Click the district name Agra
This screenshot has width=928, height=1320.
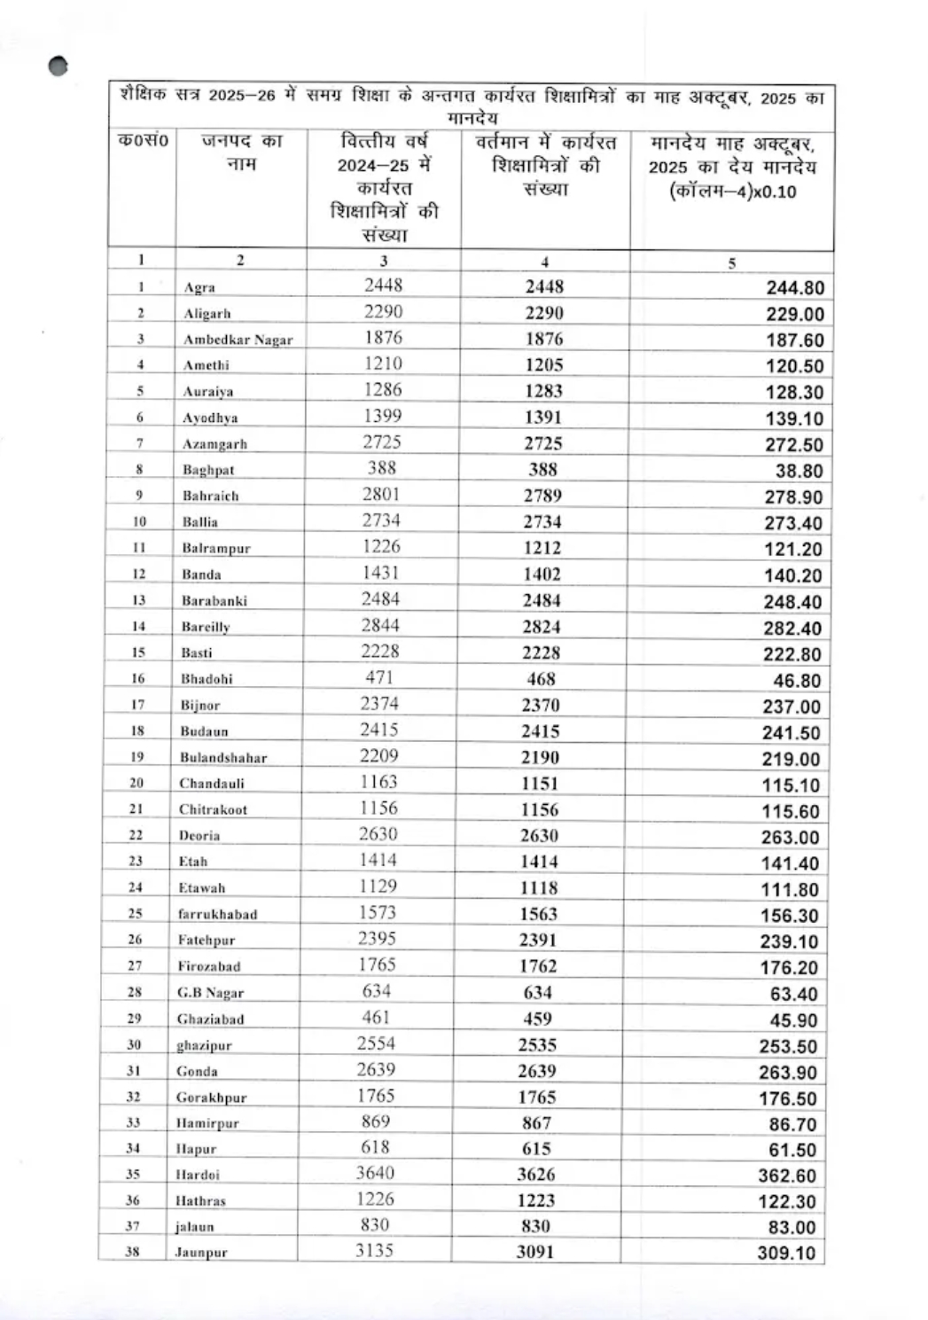pos(199,287)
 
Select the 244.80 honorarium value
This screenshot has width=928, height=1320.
pos(795,288)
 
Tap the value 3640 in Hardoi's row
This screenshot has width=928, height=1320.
pos(375,1173)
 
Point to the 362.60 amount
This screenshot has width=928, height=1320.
pos(787,1176)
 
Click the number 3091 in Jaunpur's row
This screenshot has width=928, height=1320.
pos(535,1252)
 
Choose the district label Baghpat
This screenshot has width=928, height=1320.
pos(208,470)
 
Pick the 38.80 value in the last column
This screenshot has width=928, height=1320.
pos(799,472)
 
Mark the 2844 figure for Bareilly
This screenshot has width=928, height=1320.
pos(380,625)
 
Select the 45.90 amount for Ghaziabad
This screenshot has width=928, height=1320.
pos(793,1019)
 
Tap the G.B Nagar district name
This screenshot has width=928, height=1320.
pos(210,993)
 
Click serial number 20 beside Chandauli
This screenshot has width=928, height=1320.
pos(136,783)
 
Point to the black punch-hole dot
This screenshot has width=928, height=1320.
pos(58,67)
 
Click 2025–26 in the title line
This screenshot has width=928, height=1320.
pos(242,97)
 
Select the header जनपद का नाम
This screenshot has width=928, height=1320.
pos(241,152)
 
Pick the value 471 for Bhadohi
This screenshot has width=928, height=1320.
pos(379,677)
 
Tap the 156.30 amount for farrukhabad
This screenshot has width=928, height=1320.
pos(790,915)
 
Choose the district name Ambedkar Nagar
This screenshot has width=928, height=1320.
pos(238,340)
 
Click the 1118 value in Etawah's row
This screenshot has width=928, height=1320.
pos(539,887)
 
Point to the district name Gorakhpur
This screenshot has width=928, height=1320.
pos(211,1097)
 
